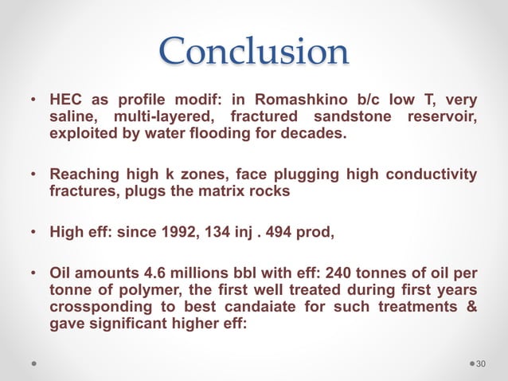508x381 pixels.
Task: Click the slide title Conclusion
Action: coord(254,52)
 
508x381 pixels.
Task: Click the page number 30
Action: coord(481,363)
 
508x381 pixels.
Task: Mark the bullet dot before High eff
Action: coord(33,233)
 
